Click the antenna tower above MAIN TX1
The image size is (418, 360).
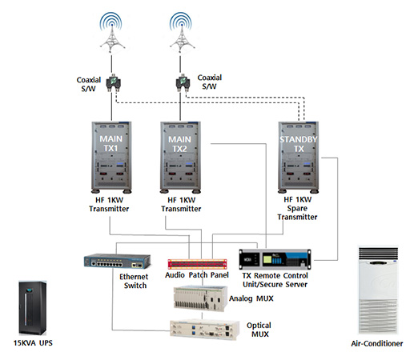click(x=111, y=33)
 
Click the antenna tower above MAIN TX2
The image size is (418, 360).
click(x=182, y=33)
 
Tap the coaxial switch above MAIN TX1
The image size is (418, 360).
click(x=113, y=82)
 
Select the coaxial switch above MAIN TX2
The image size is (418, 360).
click(x=183, y=82)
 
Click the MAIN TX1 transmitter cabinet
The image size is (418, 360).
click(x=111, y=158)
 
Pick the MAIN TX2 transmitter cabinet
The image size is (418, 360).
click(x=180, y=158)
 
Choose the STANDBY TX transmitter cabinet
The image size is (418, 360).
click(x=299, y=158)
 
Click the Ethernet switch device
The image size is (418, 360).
click(x=117, y=261)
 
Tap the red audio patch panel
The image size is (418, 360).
click(x=197, y=264)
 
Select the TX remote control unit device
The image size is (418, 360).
click(x=275, y=258)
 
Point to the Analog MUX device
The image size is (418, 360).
click(x=200, y=298)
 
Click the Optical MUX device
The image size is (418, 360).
click(x=205, y=330)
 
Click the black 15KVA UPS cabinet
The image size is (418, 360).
click(x=33, y=308)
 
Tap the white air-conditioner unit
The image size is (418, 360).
click(x=378, y=290)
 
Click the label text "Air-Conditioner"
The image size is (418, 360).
click(x=377, y=343)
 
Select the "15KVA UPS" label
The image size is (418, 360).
click(x=33, y=343)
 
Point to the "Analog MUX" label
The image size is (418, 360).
click(x=251, y=298)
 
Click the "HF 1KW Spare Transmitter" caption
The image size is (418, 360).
click(x=297, y=208)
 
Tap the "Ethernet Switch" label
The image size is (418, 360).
click(x=134, y=281)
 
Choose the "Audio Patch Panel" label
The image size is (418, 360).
click(x=197, y=275)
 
